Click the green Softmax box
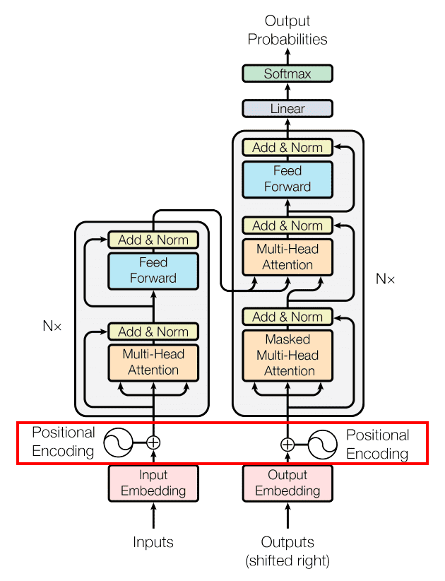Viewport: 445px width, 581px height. coord(287,74)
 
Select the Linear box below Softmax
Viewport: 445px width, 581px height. coord(287,109)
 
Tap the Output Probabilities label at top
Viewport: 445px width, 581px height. coord(287,30)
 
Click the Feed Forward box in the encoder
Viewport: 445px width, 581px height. coord(153,270)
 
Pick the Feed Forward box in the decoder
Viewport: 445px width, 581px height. coord(287,179)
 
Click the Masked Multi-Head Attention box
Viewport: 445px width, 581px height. coord(287,355)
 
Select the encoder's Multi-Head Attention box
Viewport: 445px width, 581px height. coord(153,362)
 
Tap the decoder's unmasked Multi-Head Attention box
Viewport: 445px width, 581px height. coord(287,257)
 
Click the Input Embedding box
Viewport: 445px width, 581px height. coord(153,483)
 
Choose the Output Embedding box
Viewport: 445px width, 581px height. coord(287,483)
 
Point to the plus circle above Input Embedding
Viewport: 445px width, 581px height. coord(153,443)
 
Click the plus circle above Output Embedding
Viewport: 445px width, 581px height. coord(287,445)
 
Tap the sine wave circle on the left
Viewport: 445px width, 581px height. coord(118,443)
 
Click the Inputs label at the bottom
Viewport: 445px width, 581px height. coord(153,543)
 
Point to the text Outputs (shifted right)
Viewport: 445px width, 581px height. coord(287,551)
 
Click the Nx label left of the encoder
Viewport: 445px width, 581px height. coord(52,327)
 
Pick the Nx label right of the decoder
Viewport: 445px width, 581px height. coord(385,278)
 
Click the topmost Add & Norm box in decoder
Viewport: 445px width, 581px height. coord(287,148)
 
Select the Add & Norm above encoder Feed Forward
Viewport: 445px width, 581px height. coord(153,240)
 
